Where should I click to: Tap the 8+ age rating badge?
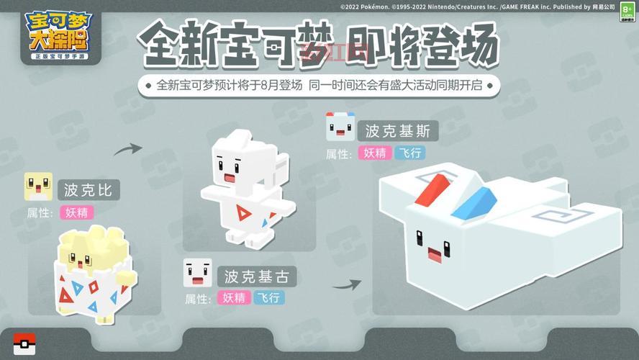pos(626,13)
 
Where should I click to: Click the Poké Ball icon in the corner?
pos(24,344)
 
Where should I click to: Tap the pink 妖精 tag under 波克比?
pos(77,212)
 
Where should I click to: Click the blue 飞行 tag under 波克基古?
pos(268,297)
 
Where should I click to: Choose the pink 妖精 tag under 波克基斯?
pos(375,153)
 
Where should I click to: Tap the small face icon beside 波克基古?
pos(198,273)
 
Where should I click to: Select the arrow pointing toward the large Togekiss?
pos(346,284)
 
